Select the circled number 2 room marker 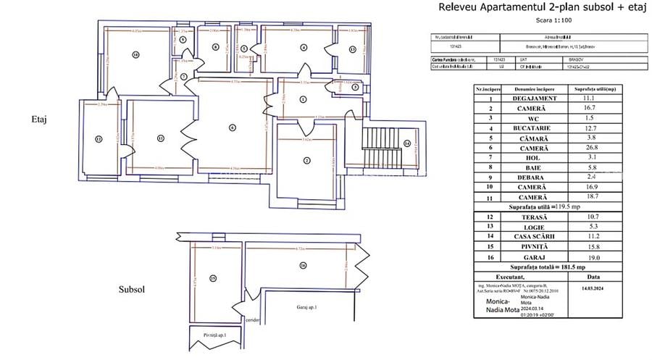[307, 160]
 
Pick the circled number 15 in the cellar [213, 277]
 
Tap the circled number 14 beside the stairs [407, 143]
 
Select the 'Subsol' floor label [132, 289]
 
